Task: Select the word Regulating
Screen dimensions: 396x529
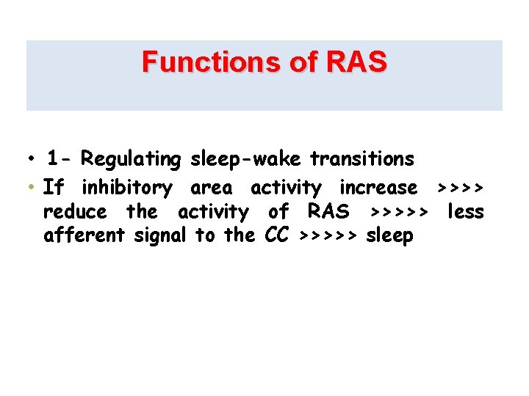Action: (131, 159)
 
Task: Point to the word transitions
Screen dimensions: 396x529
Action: (362, 158)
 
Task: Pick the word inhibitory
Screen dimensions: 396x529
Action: (126, 188)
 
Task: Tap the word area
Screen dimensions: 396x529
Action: (211, 188)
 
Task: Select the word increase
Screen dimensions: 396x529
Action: (378, 188)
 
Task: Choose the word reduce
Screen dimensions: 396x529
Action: (75, 212)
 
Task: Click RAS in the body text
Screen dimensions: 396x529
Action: (328, 212)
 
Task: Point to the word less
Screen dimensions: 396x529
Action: (466, 212)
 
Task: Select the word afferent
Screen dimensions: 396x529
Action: (85, 236)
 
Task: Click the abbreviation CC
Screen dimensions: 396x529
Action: (276, 236)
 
